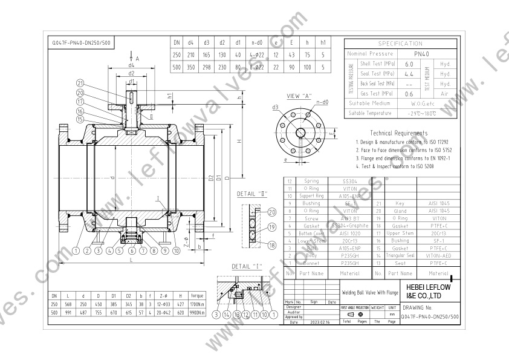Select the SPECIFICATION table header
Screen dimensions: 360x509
(x=400, y=44)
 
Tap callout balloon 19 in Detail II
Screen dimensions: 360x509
(x=271, y=228)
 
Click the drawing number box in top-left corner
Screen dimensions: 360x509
(x=82, y=44)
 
